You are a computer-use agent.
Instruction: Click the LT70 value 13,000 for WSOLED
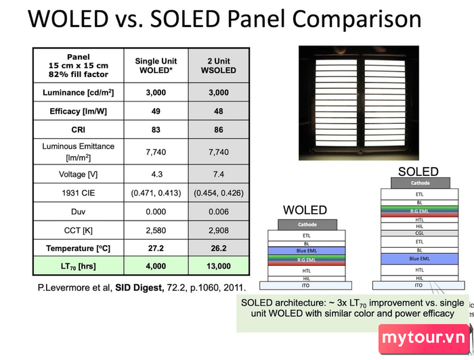click(219, 266)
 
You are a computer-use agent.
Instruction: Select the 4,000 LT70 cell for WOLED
click(156, 266)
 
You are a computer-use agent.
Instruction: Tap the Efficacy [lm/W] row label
click(79, 111)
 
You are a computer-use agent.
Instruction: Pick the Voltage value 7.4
click(219, 175)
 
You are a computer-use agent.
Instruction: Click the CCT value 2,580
click(156, 231)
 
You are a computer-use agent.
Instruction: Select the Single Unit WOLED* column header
click(156, 66)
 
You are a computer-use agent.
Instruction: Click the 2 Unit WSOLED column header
click(219, 66)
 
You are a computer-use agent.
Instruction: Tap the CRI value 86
click(219, 130)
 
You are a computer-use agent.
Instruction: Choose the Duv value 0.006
click(219, 212)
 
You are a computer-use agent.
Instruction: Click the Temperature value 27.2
click(156, 248)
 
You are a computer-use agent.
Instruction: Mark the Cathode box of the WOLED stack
click(307, 225)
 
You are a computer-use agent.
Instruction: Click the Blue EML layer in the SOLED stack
click(419, 258)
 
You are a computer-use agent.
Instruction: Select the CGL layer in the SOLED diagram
click(419, 233)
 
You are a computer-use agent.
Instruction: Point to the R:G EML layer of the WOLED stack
click(307, 260)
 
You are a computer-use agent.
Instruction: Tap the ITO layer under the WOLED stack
click(305, 286)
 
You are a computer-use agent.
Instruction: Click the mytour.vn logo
click(423, 338)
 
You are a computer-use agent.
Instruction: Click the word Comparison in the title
click(357, 19)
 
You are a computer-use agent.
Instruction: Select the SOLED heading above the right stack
click(418, 172)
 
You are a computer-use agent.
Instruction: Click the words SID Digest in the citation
click(139, 288)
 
